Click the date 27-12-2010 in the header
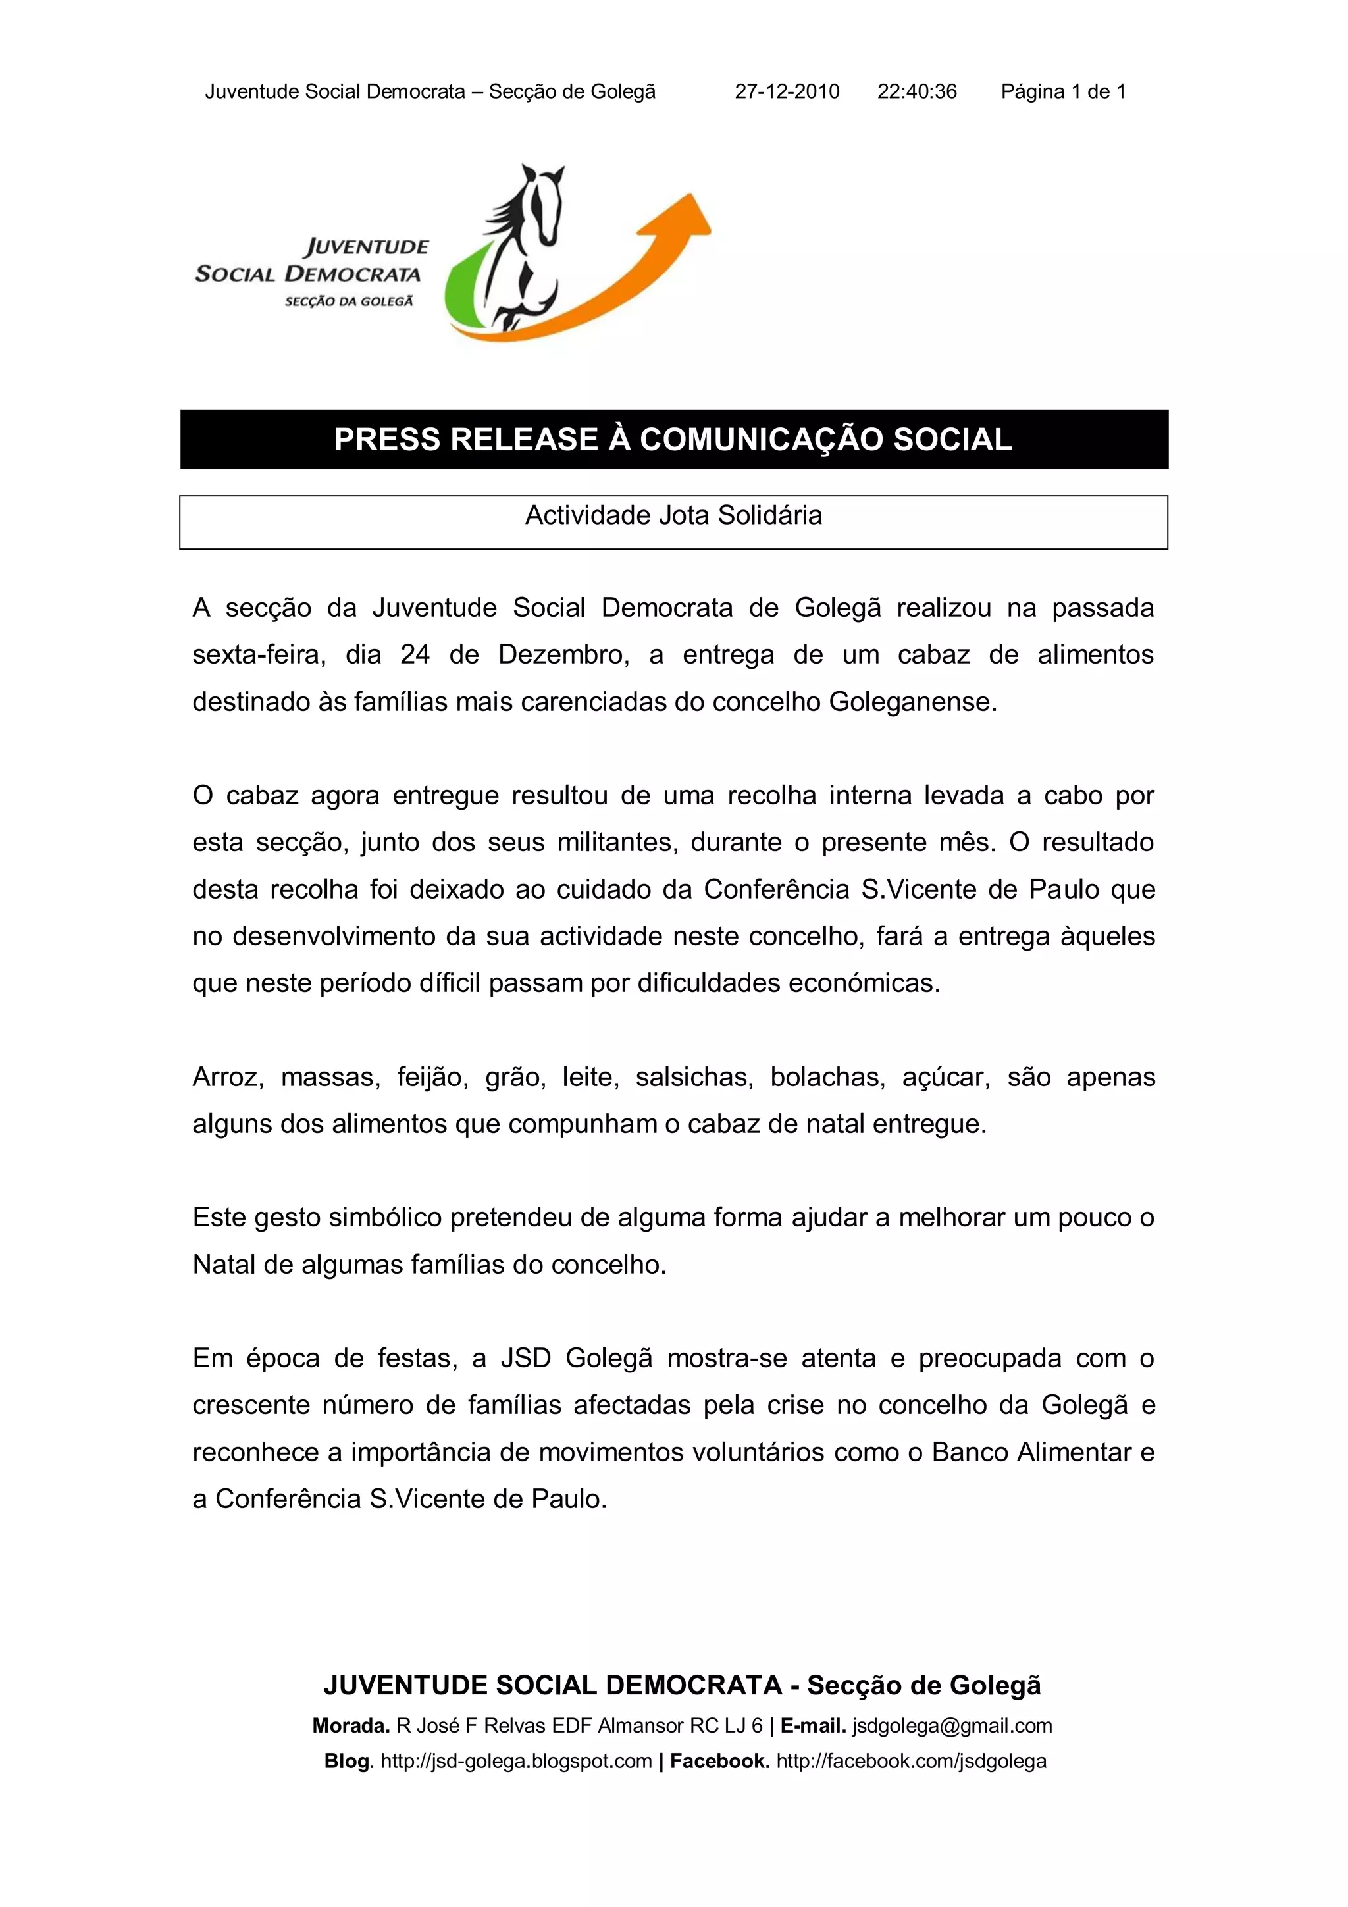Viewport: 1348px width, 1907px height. point(787,91)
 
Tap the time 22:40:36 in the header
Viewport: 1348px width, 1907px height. point(917,91)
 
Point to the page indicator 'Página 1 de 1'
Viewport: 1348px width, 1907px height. point(1063,91)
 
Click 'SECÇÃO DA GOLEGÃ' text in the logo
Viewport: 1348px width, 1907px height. point(349,301)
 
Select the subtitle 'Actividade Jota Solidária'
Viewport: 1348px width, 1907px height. point(673,516)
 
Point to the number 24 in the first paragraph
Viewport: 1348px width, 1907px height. point(415,654)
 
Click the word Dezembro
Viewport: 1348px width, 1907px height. point(562,654)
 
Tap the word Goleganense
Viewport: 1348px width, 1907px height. point(912,702)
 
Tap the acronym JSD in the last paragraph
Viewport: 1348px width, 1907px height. point(526,1358)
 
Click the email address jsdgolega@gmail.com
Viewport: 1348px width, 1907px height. point(952,1726)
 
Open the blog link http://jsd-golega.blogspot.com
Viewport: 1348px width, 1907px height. point(516,1761)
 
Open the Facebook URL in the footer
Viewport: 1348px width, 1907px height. point(911,1761)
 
